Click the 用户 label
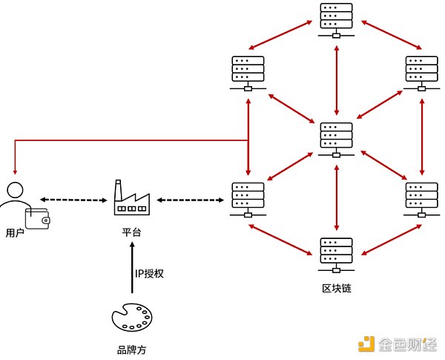tap(15, 233)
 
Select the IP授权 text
tap(148, 273)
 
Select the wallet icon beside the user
tap(37, 219)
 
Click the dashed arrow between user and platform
tap(73, 200)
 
